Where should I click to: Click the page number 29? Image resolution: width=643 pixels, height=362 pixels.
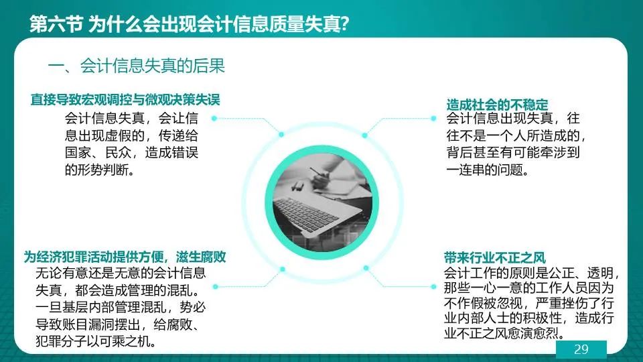581,349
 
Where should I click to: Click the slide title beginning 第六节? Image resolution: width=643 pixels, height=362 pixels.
189,24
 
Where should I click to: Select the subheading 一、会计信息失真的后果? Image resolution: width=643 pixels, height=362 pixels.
137,66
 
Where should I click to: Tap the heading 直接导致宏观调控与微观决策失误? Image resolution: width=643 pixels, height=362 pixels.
125,99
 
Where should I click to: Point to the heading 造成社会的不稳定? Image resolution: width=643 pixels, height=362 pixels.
497,105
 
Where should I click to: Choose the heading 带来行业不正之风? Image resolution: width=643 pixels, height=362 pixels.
494,257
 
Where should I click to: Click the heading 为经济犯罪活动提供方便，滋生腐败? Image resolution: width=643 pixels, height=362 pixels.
125,257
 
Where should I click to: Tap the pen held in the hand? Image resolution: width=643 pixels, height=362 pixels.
320,173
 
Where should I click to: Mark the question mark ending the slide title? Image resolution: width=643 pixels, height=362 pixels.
344,24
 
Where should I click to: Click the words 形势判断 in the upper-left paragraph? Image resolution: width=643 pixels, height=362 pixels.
109,170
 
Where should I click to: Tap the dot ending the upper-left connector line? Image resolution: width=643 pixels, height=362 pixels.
214,118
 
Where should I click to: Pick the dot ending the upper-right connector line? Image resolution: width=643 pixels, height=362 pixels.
433,118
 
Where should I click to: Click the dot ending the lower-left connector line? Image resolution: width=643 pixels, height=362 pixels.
216,286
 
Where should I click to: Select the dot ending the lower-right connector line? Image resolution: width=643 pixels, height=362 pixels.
433,286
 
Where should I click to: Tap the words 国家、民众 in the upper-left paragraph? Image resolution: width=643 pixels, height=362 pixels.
98,152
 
